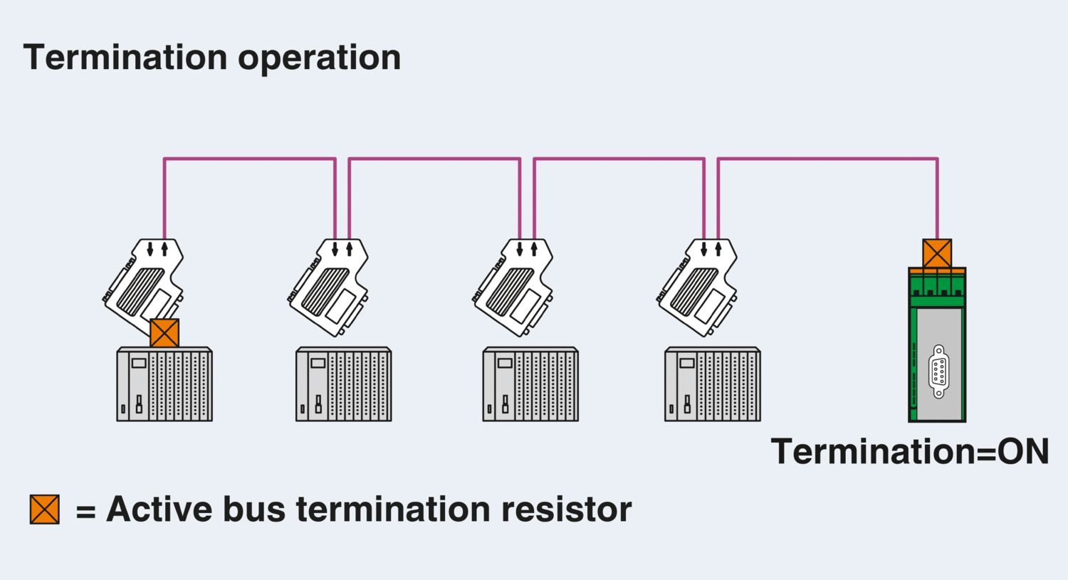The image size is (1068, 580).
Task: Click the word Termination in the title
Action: tap(125, 57)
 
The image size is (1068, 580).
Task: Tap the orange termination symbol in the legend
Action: tap(44, 509)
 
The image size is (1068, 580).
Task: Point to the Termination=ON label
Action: tap(910, 451)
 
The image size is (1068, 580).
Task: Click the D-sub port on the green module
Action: tap(938, 371)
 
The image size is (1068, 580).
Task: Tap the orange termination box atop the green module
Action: tap(937, 253)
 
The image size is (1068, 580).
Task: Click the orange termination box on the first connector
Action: tap(164, 333)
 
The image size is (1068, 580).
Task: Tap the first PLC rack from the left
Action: tap(164, 384)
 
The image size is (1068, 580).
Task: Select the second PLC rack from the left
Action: tap(344, 384)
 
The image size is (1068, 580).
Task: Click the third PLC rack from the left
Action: tap(530, 384)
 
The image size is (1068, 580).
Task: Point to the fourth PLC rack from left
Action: tap(713, 384)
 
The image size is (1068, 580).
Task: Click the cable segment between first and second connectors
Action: tap(249, 159)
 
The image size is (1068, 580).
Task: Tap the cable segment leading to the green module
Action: tap(826, 159)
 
